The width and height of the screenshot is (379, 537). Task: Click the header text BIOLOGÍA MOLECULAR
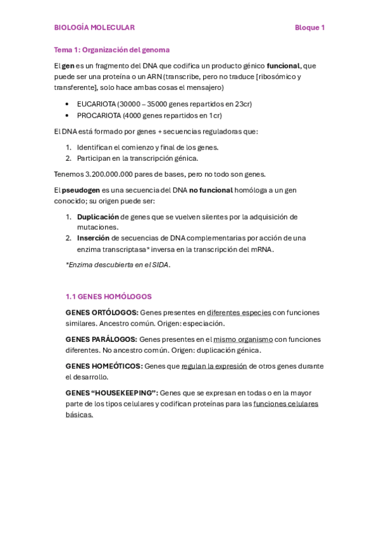94,28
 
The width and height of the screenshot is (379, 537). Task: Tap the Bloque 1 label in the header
309,28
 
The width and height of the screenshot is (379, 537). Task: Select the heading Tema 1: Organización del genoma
111,49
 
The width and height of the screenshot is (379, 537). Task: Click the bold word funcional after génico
283,65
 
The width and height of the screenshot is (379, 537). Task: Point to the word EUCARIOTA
96,104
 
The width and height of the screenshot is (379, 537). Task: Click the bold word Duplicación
97,217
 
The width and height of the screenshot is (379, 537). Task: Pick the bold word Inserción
93,238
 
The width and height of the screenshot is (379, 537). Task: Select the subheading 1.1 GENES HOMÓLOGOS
109,296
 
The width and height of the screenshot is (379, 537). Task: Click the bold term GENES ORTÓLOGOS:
102,312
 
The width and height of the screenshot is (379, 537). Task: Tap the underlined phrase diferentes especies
239,312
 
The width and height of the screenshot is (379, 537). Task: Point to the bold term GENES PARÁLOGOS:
101,339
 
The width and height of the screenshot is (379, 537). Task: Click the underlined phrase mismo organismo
242,339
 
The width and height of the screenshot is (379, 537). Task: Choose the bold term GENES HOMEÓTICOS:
104,366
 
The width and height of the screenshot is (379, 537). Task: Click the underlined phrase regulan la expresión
214,366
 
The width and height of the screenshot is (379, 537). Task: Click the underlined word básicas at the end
79,415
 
